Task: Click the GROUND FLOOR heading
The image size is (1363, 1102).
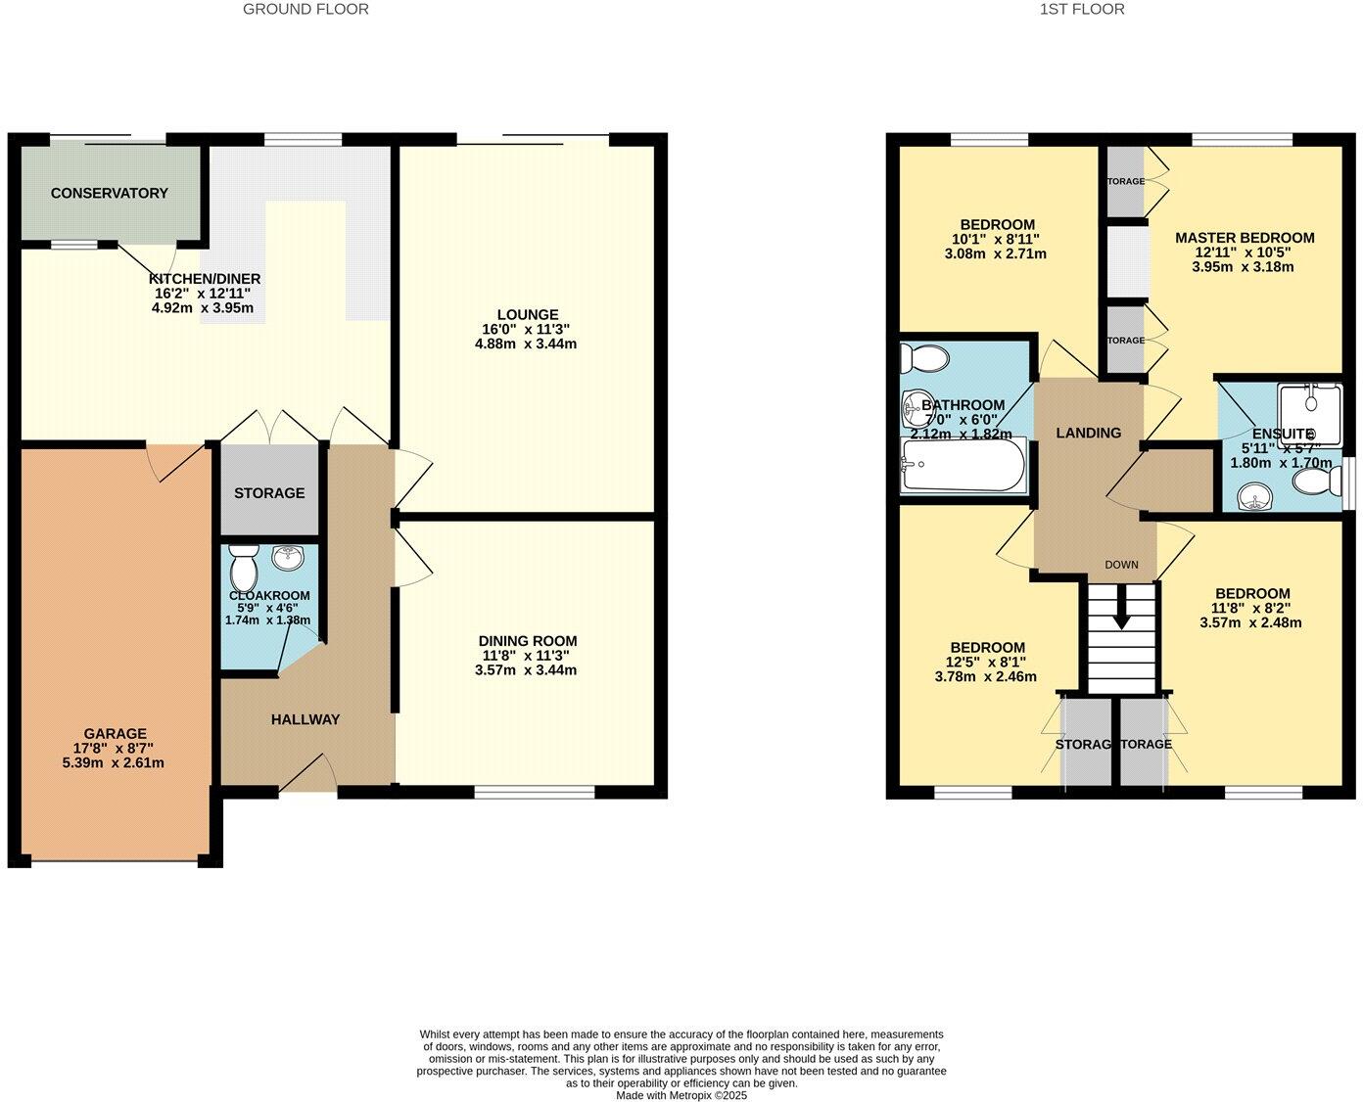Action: (x=305, y=10)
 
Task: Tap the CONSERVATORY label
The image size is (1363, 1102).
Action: (x=109, y=193)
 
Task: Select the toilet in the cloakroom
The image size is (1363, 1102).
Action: (x=242, y=568)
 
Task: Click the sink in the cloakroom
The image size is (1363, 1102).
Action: (x=289, y=559)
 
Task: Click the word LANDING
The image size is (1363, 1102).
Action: (x=1088, y=433)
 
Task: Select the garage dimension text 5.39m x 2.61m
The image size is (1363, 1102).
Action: (x=115, y=762)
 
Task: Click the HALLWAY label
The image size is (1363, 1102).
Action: (x=305, y=719)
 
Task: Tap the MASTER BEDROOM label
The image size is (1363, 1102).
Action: (x=1245, y=238)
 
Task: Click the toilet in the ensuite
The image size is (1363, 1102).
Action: (x=1316, y=481)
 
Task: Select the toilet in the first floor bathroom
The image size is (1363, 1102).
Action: (x=925, y=360)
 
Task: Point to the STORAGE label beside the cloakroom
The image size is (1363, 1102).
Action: (x=269, y=493)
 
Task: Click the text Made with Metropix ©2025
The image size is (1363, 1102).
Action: (x=681, y=1095)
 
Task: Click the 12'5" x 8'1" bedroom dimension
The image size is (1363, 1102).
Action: (x=987, y=663)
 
